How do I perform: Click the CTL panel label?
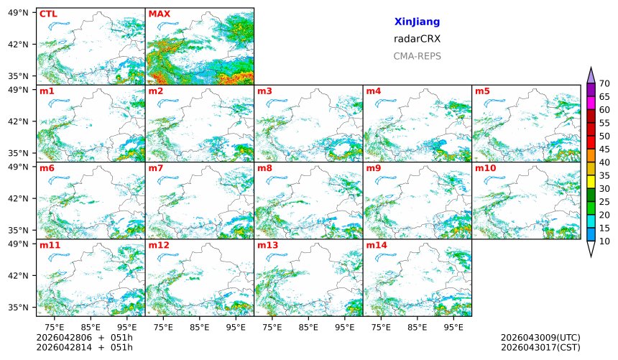(x=48, y=14)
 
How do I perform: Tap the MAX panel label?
(x=159, y=14)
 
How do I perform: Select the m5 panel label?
(x=482, y=91)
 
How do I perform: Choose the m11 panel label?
(x=50, y=246)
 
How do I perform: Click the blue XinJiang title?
(x=417, y=22)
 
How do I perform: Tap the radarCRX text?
(x=417, y=39)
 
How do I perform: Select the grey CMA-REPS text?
(x=417, y=56)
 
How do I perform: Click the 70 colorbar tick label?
(x=604, y=83)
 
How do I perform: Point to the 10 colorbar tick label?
(x=604, y=241)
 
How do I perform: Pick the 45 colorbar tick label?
(x=604, y=149)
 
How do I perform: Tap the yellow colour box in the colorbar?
(x=591, y=182)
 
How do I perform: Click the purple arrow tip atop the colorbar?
(x=591, y=73)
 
